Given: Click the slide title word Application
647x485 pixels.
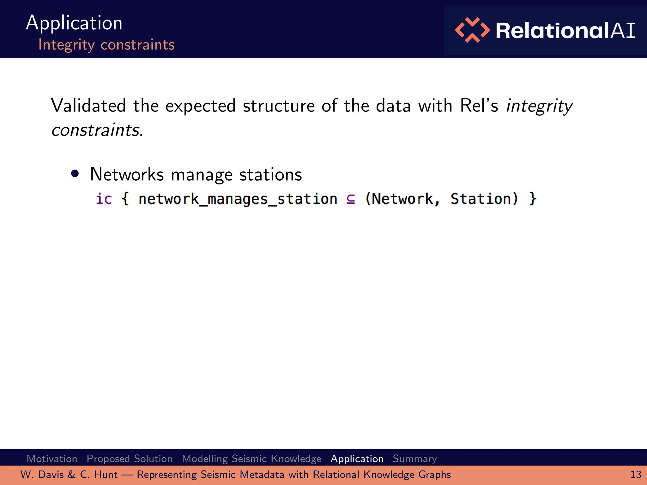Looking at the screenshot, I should click(74, 23).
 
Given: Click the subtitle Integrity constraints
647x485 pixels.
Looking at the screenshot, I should click(106, 45).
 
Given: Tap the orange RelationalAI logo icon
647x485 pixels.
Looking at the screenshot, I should click(472, 30).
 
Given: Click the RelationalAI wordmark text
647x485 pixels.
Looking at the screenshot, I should click(565, 31).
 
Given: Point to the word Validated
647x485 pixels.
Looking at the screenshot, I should click(88, 105).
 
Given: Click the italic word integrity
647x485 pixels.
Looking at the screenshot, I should click(539, 106).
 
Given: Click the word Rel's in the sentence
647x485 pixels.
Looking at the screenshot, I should click(479, 105).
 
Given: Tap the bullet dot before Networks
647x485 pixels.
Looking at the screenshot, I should click(75, 174).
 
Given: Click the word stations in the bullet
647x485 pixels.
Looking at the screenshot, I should click(270, 174).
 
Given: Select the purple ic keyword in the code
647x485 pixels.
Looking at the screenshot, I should click(104, 199).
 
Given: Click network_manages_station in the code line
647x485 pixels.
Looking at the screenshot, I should click(238, 199).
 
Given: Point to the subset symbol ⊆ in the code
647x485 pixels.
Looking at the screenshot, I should click(351, 199).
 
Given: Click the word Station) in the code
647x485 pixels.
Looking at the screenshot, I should click(484, 199).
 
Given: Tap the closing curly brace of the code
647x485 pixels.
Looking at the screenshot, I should click(533, 199).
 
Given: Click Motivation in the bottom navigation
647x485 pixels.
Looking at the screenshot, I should click(52, 458).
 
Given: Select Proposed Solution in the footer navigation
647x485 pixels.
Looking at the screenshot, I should click(130, 458).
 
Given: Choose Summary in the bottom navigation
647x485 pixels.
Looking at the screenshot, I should click(414, 458).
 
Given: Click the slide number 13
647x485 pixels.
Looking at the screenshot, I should click(635, 475).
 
